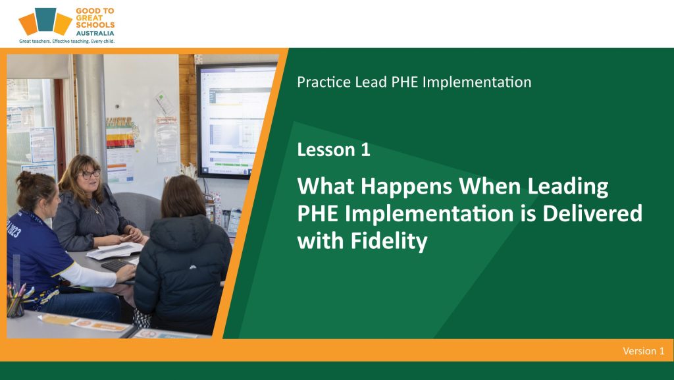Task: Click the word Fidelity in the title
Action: coord(388,242)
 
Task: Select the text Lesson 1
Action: coord(334,149)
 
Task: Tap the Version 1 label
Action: coord(644,351)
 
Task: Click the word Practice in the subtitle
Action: coord(324,82)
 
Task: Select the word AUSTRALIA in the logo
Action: coord(95,33)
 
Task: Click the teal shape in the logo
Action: coord(45,19)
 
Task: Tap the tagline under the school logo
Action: coord(66,41)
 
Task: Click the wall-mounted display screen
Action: coord(236,121)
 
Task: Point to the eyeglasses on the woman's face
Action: coord(91,174)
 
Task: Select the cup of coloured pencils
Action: coord(16,301)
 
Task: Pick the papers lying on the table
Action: coord(115,250)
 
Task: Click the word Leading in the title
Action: coord(568,187)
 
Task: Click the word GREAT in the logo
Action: coord(89,18)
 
